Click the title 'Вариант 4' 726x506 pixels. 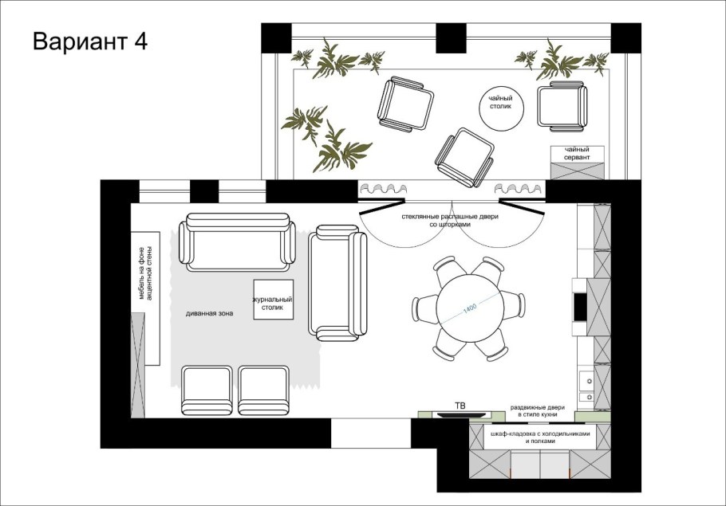point(90,41)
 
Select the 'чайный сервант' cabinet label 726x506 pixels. point(577,153)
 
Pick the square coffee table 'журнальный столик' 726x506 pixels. point(273,300)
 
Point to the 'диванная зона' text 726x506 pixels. point(209,313)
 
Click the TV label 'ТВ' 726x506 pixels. point(460,406)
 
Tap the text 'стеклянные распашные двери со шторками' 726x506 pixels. point(450,220)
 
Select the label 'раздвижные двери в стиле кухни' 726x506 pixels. point(538,410)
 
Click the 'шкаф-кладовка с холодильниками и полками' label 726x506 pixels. point(540,437)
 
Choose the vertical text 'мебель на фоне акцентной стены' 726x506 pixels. point(144,273)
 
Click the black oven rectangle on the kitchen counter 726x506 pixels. point(579,307)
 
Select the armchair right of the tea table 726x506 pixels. point(562,106)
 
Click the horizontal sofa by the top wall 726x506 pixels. point(237,242)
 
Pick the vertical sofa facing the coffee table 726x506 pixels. point(337,283)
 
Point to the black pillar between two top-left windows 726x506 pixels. point(204,191)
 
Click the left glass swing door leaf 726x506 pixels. point(381,206)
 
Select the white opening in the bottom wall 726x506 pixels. point(371,433)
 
